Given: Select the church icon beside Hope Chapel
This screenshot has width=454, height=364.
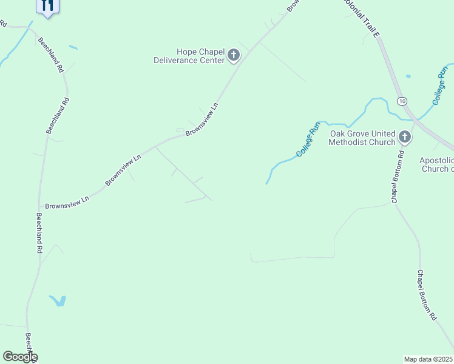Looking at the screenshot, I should (232, 56).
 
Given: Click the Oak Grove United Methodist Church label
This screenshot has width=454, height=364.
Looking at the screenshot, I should (362, 138).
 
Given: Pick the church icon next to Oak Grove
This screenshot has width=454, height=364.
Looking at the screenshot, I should (405, 138).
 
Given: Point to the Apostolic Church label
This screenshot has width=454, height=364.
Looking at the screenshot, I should (436, 164).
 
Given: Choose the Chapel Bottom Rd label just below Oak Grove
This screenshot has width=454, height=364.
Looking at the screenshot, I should (397, 177).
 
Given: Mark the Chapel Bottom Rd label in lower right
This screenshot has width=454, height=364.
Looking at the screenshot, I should (427, 295).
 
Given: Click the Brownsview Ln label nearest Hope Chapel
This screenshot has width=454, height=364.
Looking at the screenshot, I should (202, 118).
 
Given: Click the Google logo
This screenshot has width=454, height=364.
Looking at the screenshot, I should (20, 357).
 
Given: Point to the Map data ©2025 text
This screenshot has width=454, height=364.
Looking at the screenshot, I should (429, 359).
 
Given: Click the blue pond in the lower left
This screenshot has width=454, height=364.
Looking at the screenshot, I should (58, 300).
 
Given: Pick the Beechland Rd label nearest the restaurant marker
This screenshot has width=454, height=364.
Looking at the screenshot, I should (50, 55).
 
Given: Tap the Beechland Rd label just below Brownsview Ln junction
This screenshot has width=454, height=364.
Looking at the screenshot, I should (39, 232).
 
